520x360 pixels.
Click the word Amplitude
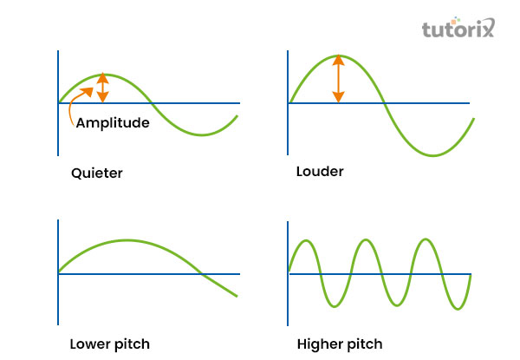click(x=113, y=122)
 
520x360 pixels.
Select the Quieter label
click(x=96, y=173)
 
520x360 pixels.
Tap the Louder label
click(x=320, y=171)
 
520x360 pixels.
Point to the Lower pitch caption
click(x=103, y=343)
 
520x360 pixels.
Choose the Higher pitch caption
click(x=338, y=343)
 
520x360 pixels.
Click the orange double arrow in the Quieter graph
click(x=103, y=88)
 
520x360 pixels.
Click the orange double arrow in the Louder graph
click(x=338, y=79)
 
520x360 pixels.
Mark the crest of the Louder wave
click(x=338, y=56)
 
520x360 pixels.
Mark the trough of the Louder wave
click(x=432, y=155)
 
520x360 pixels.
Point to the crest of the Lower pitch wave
click(x=127, y=240)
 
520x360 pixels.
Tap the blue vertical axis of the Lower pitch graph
click(x=58, y=269)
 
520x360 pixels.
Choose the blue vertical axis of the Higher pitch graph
click(x=289, y=269)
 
